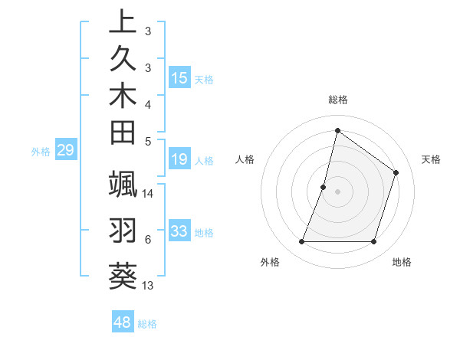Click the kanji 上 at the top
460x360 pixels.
[x=123, y=23]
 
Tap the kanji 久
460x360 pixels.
[x=123, y=60]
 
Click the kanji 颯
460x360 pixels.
[x=123, y=185]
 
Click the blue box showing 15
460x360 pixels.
[x=179, y=78]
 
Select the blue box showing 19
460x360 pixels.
[x=179, y=159]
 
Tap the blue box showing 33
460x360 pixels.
[x=179, y=231]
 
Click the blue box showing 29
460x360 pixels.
[x=65, y=150]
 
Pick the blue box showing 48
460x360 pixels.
[x=123, y=322]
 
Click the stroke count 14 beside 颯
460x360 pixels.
[x=148, y=194]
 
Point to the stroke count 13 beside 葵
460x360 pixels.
[x=148, y=286]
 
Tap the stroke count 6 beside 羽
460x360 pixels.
[x=147, y=240]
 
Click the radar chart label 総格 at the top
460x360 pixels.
[x=337, y=100]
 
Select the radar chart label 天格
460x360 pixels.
[x=431, y=159]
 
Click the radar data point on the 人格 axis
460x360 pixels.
[x=324, y=187]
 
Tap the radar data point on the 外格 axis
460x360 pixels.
[x=301, y=242]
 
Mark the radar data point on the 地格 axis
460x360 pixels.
[x=373, y=242]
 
